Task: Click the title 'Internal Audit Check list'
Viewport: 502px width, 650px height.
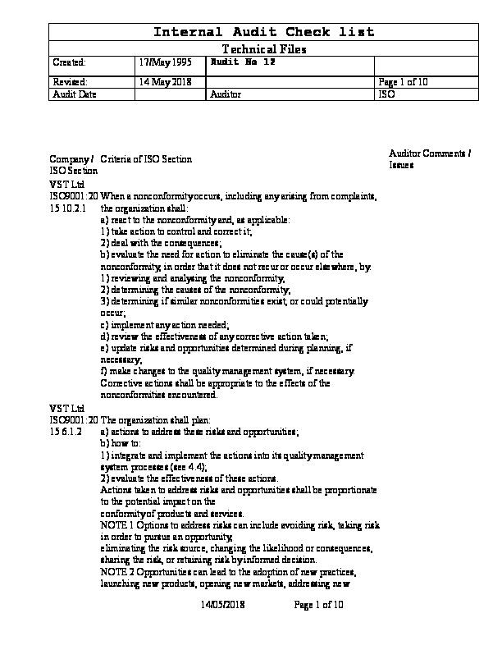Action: coord(265,32)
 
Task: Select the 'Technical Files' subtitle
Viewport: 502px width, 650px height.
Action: coord(264,49)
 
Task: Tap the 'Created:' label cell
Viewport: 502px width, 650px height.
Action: coord(69,62)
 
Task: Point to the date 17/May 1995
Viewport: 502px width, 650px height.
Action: coord(163,62)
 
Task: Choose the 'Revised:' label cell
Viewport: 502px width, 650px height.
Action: coord(70,82)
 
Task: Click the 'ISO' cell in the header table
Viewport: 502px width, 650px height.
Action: coord(386,94)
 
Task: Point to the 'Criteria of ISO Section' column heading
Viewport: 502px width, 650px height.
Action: coord(146,159)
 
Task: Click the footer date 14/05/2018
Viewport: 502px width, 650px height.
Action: coord(223,605)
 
